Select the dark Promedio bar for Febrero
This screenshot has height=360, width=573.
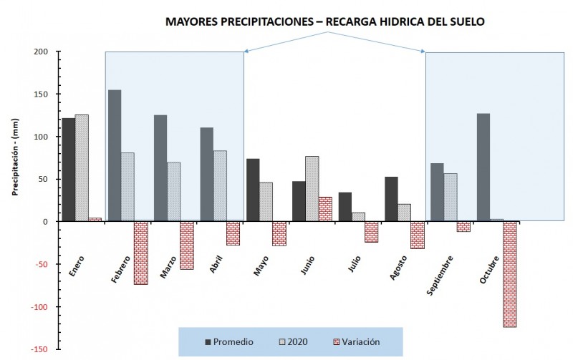coord(115,155)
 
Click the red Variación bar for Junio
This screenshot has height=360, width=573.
coord(325,209)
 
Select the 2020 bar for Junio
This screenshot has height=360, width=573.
coord(312,189)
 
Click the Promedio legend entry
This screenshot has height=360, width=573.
coord(230,342)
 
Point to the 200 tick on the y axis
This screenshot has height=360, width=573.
coord(39,52)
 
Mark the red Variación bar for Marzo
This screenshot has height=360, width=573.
coord(186,245)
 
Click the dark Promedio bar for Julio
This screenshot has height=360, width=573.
coord(345,207)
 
